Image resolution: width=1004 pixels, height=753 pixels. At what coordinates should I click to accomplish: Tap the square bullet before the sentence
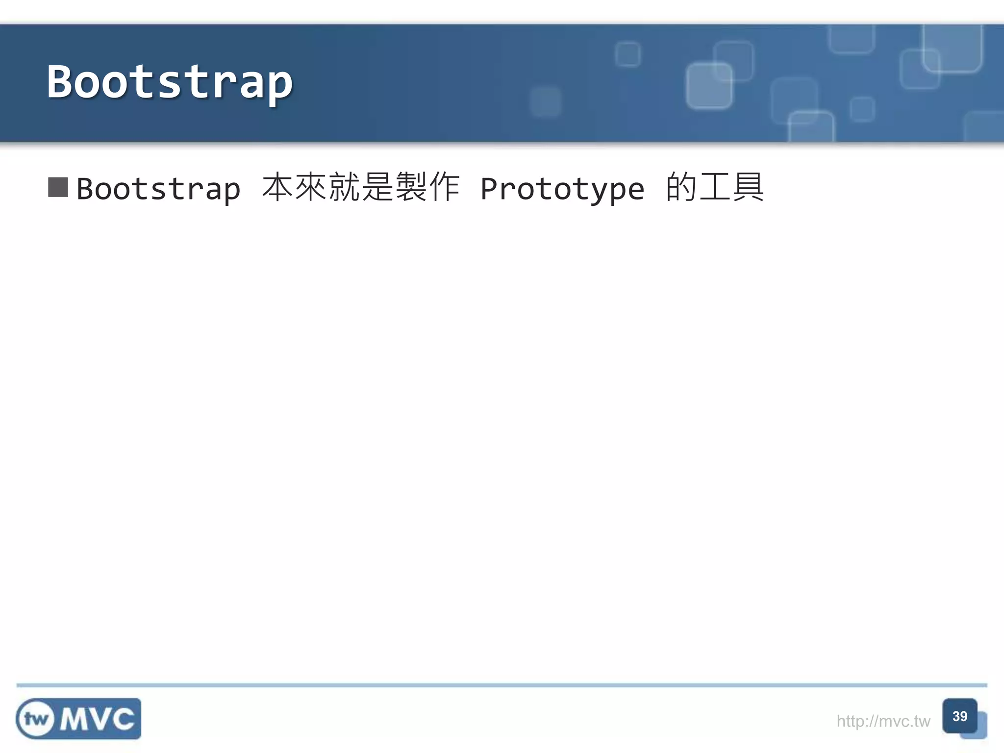pyautogui.click(x=58, y=187)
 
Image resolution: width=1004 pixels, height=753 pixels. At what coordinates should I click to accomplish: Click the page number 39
pyautogui.click(x=959, y=716)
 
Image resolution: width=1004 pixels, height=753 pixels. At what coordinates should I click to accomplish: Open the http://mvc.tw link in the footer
pyautogui.click(x=883, y=721)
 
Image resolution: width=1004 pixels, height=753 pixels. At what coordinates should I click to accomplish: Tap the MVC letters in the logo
pyautogui.click(x=97, y=719)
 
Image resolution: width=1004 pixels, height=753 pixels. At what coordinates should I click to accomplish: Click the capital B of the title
pyautogui.click(x=60, y=81)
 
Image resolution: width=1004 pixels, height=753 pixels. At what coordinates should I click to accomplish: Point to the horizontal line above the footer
pyautogui.click(x=502, y=685)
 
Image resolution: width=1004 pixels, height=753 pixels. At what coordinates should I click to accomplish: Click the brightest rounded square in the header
pyautogui.click(x=709, y=86)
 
